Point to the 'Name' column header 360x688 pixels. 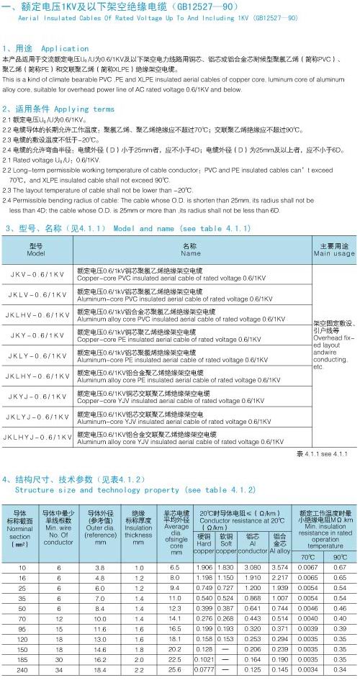[x=191, y=250]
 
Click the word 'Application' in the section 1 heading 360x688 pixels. [x=66, y=49]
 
